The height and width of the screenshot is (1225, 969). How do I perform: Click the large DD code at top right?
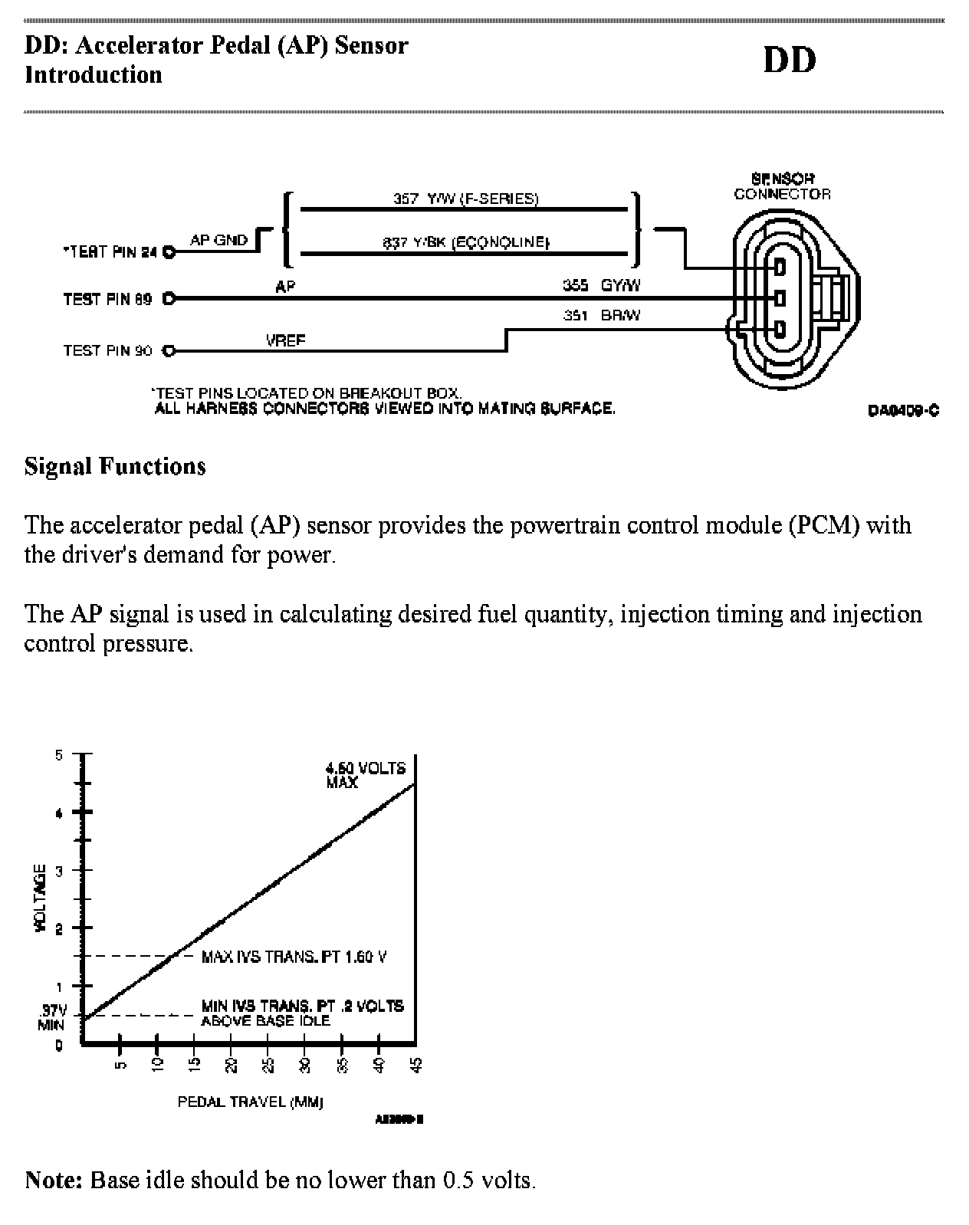[x=789, y=60]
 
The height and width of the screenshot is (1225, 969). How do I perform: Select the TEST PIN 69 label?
[x=107, y=299]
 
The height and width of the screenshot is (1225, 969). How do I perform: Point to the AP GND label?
[x=218, y=240]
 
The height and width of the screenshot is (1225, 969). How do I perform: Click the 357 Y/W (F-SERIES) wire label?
[x=465, y=199]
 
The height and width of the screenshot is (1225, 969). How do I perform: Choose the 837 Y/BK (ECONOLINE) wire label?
[x=466, y=242]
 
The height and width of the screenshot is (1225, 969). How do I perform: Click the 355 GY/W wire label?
[x=601, y=285]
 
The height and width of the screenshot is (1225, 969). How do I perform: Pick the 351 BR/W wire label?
[x=601, y=315]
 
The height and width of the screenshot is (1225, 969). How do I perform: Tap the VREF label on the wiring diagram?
[x=285, y=340]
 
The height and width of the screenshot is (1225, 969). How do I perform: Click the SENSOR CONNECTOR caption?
[x=782, y=186]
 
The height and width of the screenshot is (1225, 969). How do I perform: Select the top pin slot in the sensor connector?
[x=780, y=268]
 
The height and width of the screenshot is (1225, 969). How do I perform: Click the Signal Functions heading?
[x=115, y=466]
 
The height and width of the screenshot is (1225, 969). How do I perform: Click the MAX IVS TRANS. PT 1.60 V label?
[x=294, y=957]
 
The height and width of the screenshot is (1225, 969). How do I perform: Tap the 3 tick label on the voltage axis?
[x=58, y=870]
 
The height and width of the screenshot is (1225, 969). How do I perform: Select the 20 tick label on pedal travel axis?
[x=231, y=1065]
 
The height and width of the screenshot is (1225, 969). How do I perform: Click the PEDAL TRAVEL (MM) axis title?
[x=250, y=1102]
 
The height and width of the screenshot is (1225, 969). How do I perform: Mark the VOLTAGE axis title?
[x=41, y=898]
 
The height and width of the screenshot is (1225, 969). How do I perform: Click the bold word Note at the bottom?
[x=53, y=1179]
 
